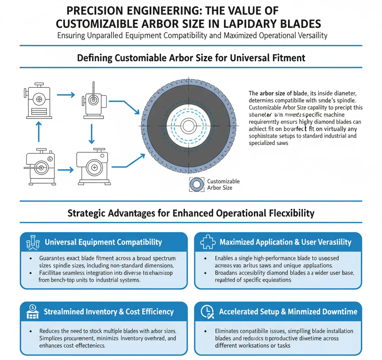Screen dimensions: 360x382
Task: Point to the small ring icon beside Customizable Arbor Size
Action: (197, 184)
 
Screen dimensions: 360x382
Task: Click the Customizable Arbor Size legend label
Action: (223, 184)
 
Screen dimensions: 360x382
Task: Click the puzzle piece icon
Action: (207, 242)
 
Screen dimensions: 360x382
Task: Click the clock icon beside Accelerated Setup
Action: (207, 312)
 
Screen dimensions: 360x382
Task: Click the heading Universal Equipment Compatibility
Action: (103, 242)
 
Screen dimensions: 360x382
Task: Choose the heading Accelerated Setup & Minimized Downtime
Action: (288, 312)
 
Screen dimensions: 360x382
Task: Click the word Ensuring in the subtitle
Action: (72, 36)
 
